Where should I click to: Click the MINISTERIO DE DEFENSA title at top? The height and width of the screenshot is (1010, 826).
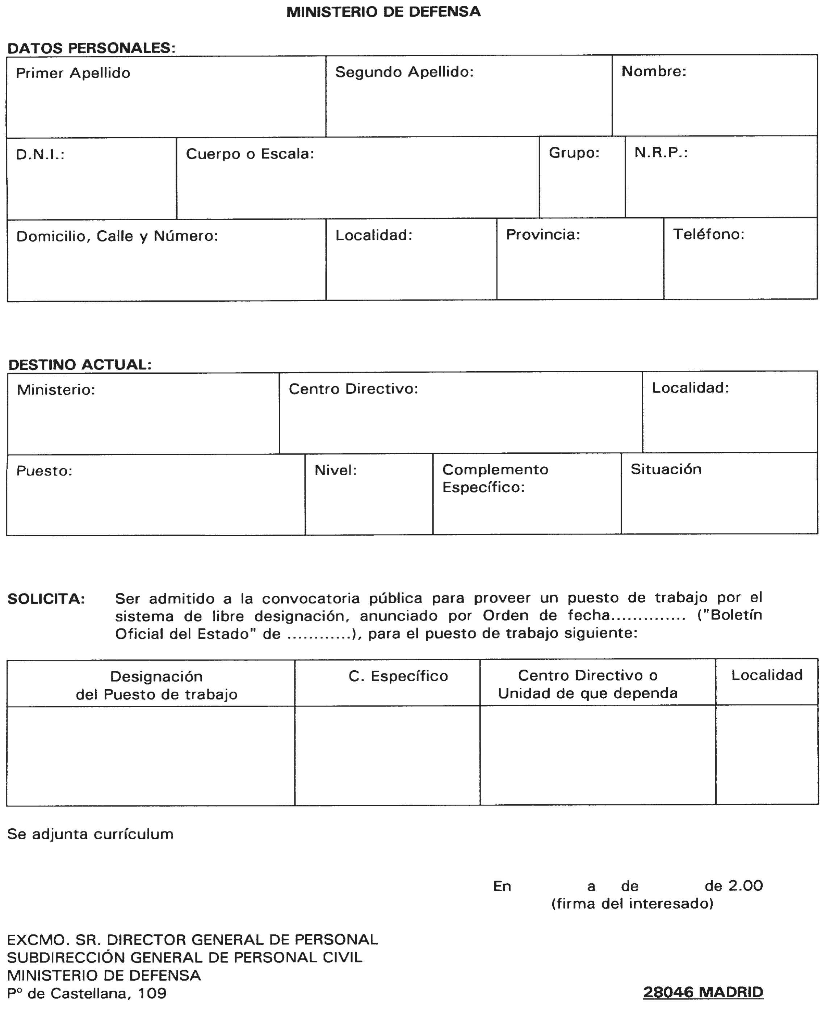[x=383, y=12]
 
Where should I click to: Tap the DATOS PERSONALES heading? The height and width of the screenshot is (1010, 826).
[x=91, y=48]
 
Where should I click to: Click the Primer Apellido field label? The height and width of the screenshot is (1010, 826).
[x=73, y=73]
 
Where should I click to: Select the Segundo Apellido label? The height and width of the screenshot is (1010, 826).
[x=404, y=72]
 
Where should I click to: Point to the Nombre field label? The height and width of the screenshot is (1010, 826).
[x=654, y=71]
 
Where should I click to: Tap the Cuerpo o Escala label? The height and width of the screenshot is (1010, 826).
[x=250, y=154]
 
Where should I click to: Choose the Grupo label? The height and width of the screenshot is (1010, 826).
[x=574, y=153]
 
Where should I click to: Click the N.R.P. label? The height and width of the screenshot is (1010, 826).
[x=661, y=153]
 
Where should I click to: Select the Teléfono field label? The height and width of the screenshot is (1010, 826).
[x=708, y=234]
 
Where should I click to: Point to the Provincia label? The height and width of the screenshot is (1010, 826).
[x=543, y=235]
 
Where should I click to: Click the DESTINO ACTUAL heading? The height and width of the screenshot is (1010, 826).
[x=80, y=365]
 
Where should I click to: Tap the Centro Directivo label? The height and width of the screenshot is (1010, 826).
[x=353, y=389]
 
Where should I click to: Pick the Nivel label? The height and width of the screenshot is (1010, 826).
[x=335, y=470]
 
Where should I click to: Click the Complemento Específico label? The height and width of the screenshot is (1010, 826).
[x=495, y=478]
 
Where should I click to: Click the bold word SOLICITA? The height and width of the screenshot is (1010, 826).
[x=46, y=599]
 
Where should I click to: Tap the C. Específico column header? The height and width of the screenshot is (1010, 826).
[x=398, y=676]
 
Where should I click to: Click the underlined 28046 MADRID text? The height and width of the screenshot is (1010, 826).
[x=703, y=992]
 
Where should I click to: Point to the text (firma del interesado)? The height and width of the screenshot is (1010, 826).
[x=632, y=904]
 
